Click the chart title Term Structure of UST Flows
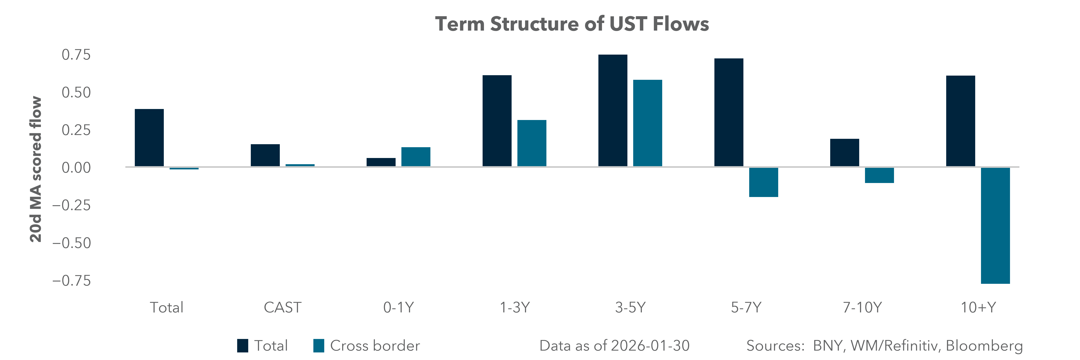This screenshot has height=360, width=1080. coord(572,24)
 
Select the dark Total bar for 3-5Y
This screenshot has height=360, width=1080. coord(613,111)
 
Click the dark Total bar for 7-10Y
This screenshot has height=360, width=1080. coord(844,153)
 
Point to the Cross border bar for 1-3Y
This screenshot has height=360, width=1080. coord(532,143)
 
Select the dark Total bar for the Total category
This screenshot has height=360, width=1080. coord(149,138)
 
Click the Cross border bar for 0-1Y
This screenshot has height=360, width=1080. coord(415,157)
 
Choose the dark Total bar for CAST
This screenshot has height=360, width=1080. coord(265,155)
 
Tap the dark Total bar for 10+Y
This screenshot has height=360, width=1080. coord(961,121)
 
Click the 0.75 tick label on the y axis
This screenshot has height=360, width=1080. coord(76,54)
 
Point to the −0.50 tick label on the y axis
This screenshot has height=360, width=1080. coord(71,243)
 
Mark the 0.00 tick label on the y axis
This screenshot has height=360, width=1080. coord(76,168)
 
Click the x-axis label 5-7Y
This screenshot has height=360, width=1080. coord(746,308)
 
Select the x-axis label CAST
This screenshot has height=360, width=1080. coord(282,308)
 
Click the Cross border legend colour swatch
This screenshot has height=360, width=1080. coord(319,346)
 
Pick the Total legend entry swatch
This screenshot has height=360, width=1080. coord(242,346)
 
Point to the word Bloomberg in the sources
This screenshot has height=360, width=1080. coord(984,346)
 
